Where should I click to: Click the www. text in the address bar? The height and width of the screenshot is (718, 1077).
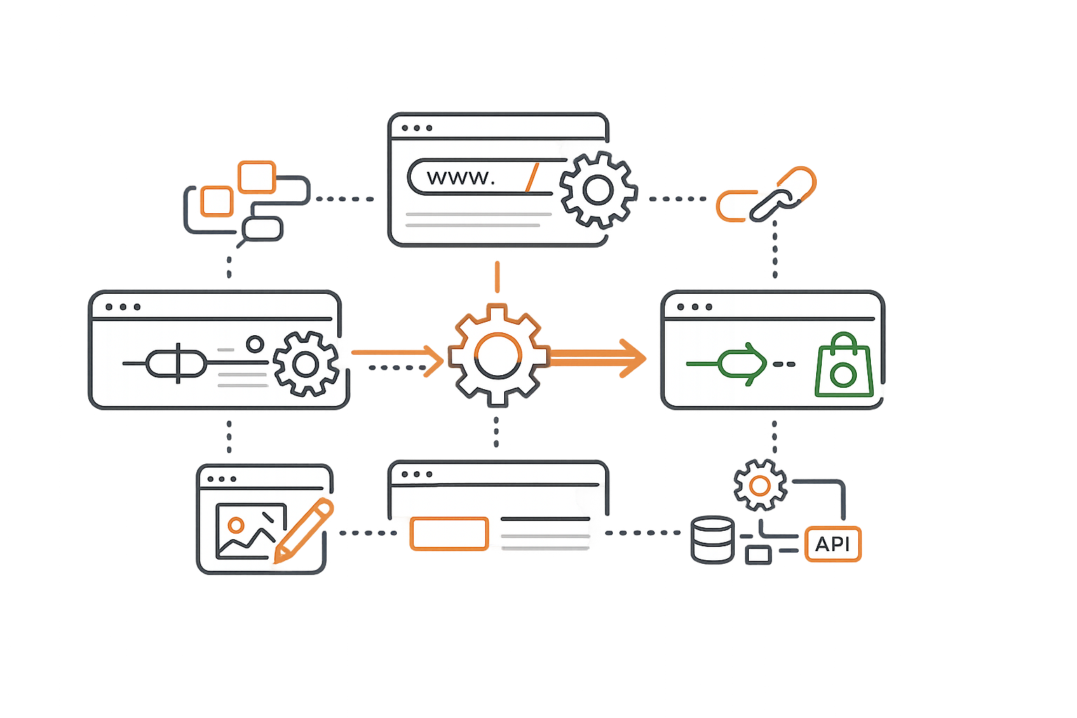pos(461,177)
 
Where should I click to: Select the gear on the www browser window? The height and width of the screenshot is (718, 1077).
pos(597,190)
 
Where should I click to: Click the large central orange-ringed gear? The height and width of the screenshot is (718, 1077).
pos(497,355)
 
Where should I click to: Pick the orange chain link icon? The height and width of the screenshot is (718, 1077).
pos(766,195)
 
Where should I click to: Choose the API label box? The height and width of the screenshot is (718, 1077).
pos(832,543)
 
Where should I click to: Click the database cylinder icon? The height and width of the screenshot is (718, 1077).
pos(712,540)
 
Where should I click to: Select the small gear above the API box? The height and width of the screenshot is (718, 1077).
pos(759,485)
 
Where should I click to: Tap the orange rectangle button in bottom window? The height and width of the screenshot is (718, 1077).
pos(449,534)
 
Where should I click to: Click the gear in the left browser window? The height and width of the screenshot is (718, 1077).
pos(305,364)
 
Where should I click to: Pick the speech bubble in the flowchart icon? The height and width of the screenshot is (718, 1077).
pos(262,229)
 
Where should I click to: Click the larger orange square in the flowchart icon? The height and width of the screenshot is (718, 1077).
pos(256,177)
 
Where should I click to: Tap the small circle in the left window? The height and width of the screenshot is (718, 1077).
pos(255,344)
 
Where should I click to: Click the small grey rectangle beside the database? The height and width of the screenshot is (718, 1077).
pos(758,555)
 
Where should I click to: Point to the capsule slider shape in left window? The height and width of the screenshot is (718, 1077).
pos(176,363)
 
